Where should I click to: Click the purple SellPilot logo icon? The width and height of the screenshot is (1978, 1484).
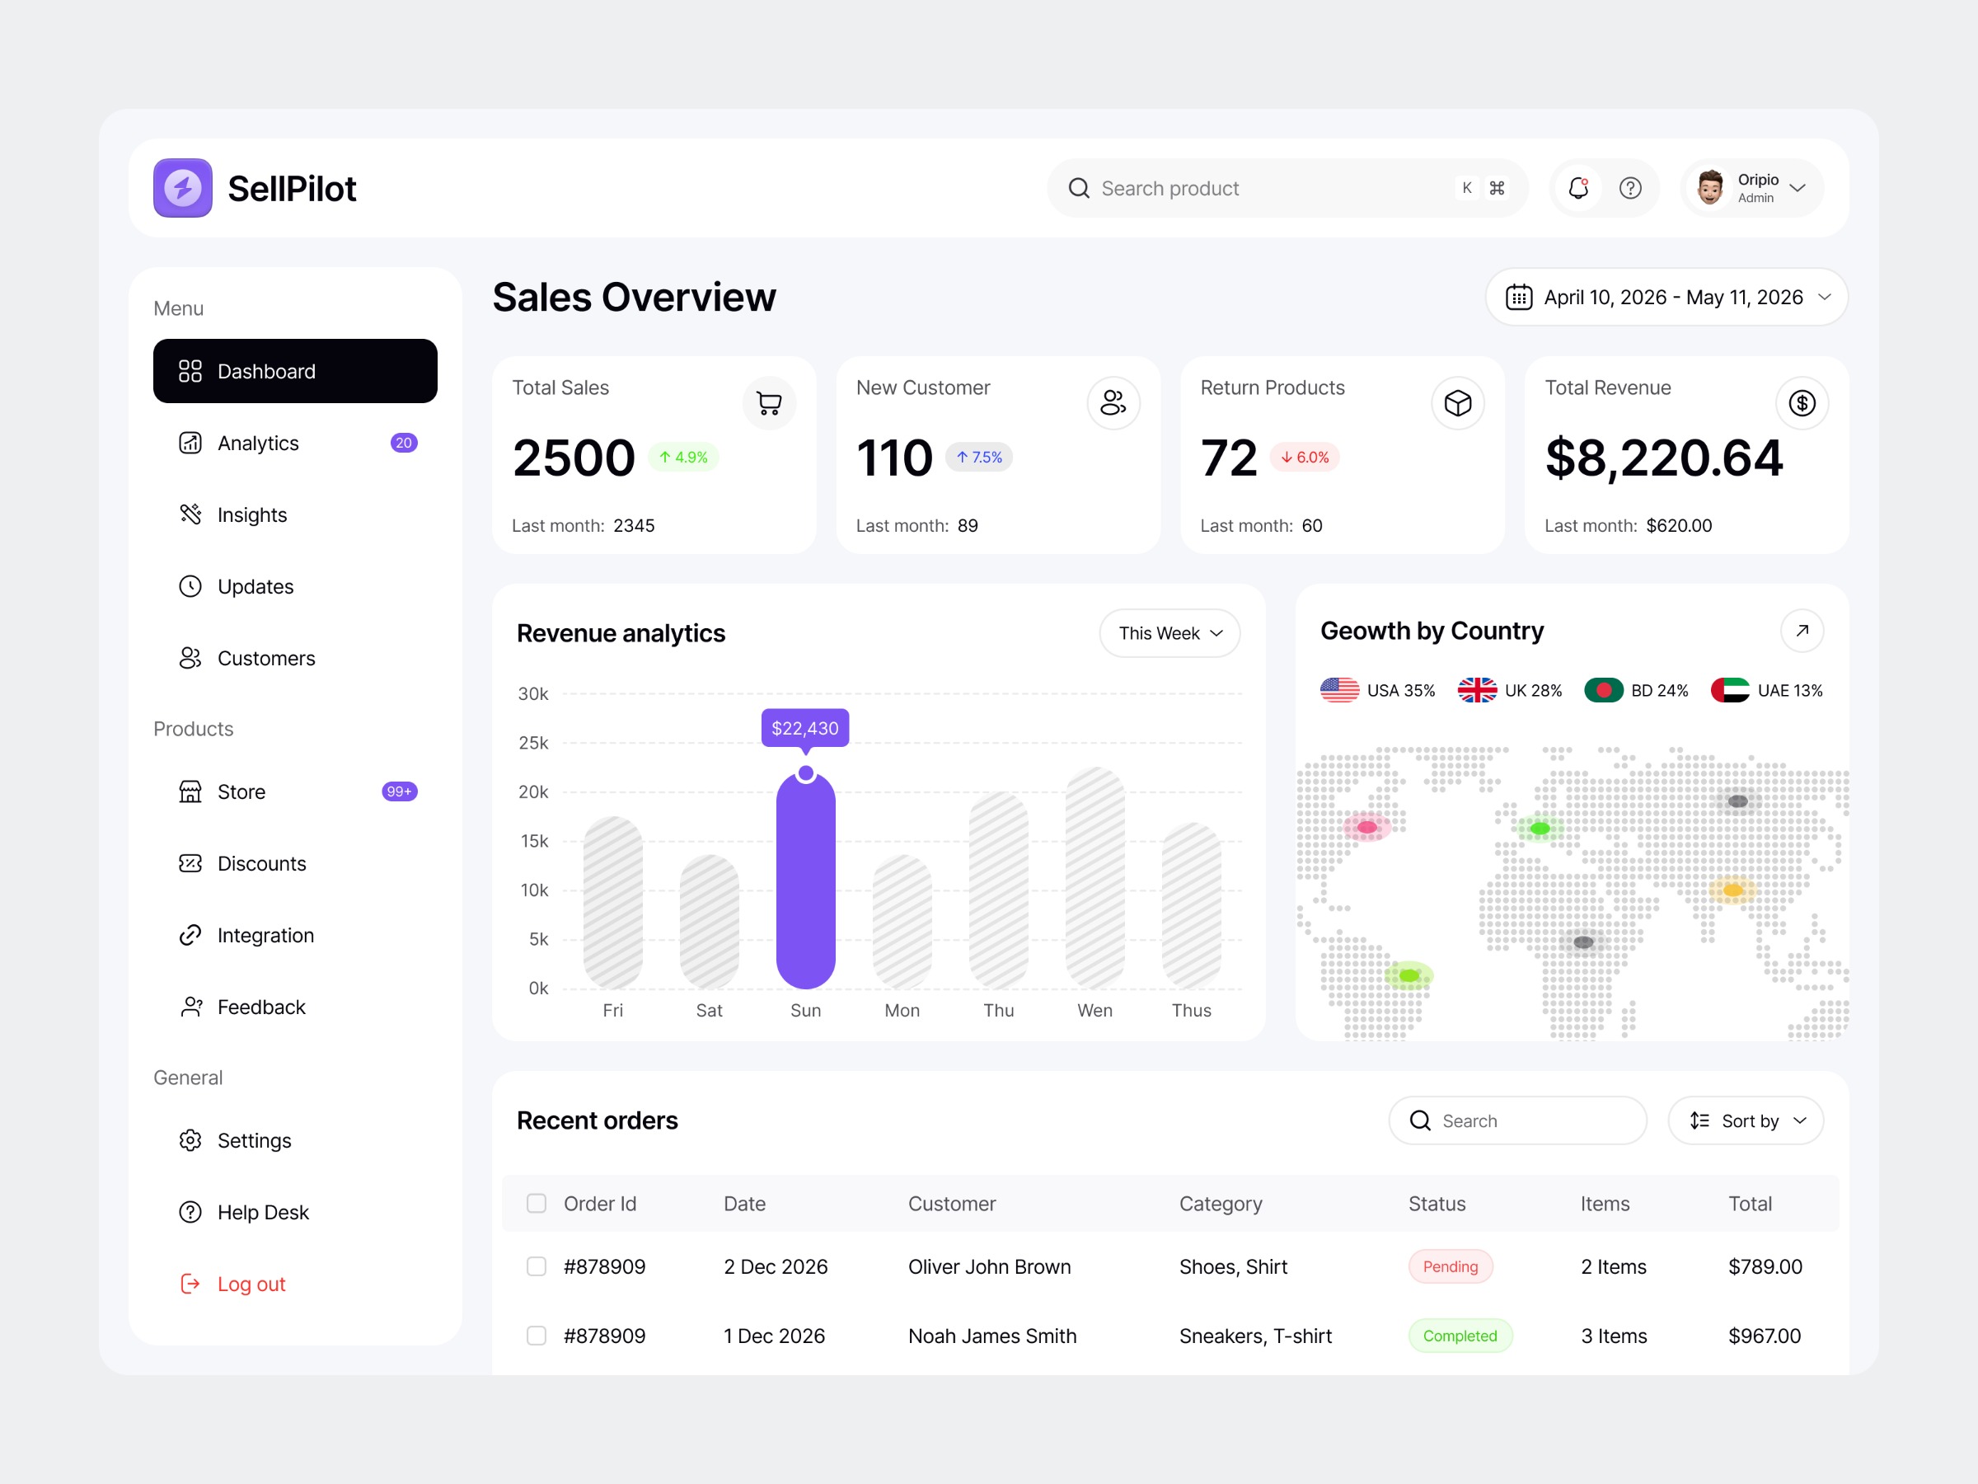pos(182,188)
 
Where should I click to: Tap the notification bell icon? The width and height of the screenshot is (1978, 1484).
pos(1578,188)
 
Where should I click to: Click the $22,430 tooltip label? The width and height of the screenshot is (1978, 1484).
pos(804,728)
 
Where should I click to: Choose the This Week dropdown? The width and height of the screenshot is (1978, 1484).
pos(1169,633)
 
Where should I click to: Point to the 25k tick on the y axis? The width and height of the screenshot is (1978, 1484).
pos(534,743)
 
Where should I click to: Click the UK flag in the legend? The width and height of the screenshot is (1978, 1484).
pos(1476,691)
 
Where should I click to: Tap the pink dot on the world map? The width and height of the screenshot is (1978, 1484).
pos(1367,828)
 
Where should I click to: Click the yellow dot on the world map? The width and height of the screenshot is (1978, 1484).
pos(1732,890)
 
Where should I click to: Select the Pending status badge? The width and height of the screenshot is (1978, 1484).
pos(1450,1266)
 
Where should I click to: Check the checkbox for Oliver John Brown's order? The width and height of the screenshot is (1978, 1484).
pos(537,1266)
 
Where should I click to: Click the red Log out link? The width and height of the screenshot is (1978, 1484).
pos(251,1284)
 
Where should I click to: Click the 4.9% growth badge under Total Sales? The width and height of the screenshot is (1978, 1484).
pos(683,457)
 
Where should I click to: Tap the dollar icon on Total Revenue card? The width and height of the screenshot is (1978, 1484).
pos(1801,403)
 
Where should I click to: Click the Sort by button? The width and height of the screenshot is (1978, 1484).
pos(1746,1120)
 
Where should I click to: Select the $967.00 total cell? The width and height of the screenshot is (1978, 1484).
pos(1764,1336)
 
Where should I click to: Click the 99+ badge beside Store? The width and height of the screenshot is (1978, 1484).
pos(399,791)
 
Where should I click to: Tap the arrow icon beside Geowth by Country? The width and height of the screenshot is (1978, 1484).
pos(1802,631)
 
